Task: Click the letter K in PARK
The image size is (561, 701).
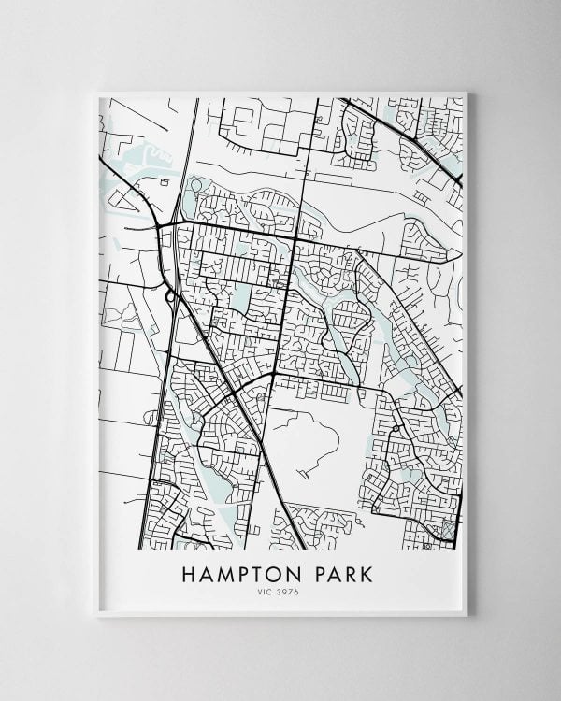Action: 372,570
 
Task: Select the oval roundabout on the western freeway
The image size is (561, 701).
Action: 169,297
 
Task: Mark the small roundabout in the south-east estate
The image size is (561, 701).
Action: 396,429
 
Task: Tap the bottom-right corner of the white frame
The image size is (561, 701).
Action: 467,617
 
